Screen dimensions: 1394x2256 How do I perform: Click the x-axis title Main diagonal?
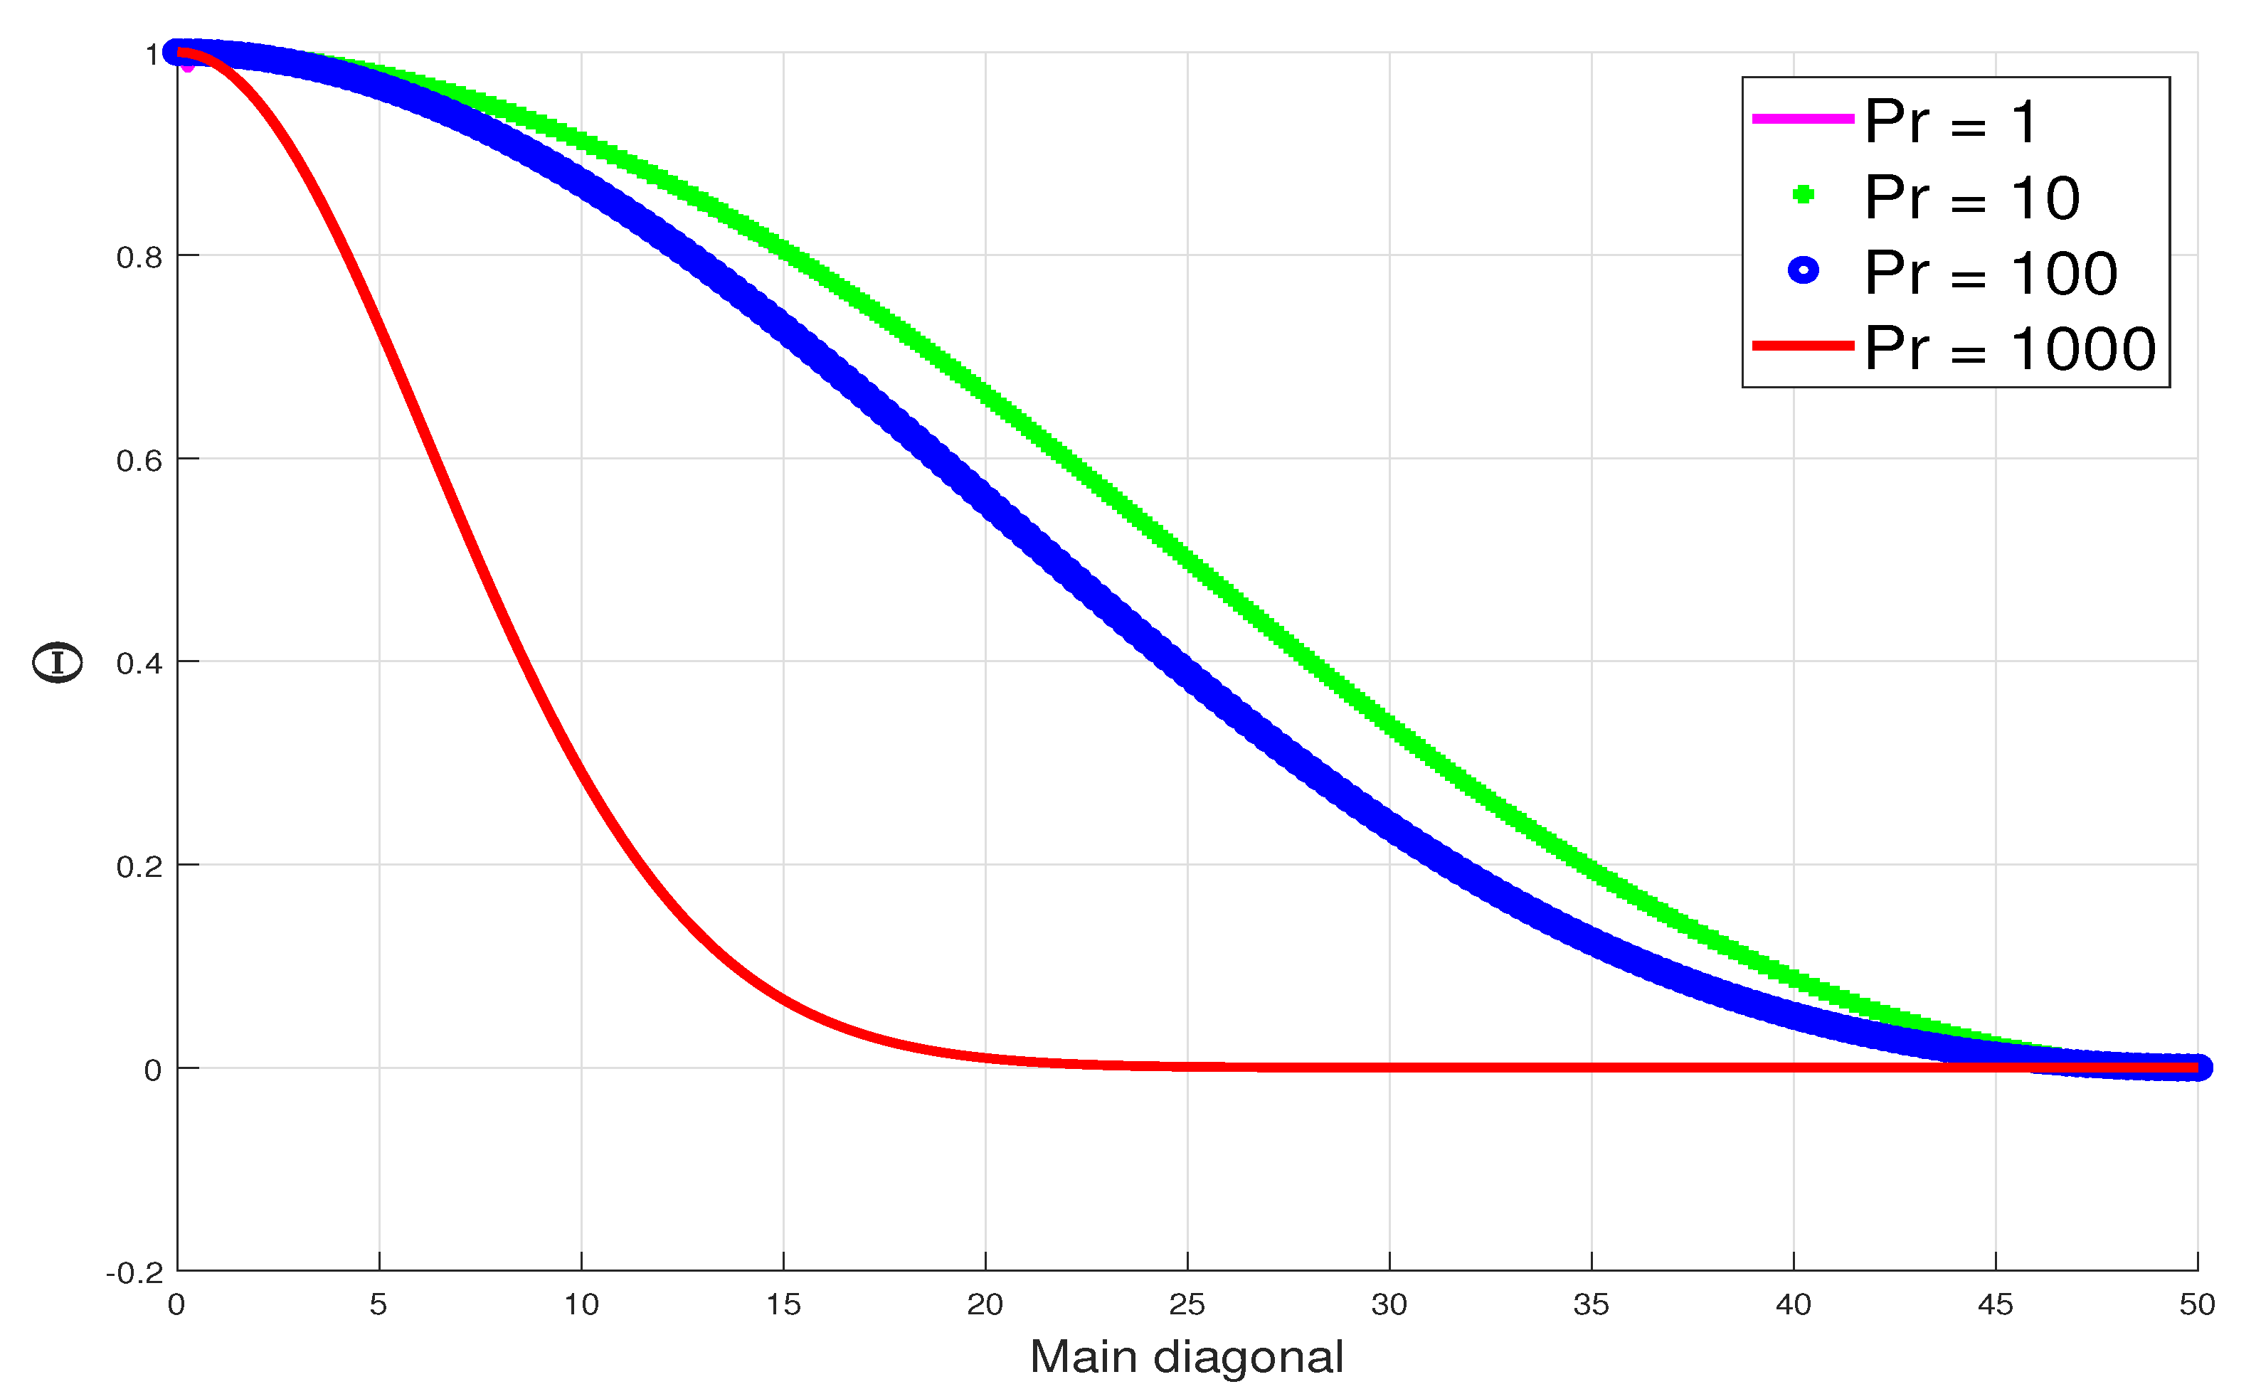[x=1187, y=1357]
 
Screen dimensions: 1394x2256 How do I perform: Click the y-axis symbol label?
[x=57, y=662]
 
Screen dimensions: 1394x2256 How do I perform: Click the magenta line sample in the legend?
[x=1802, y=119]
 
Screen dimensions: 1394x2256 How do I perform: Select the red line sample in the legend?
[x=1802, y=346]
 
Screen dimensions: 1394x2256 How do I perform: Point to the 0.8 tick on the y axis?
[x=139, y=257]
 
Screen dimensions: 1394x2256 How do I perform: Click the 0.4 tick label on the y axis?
[x=139, y=663]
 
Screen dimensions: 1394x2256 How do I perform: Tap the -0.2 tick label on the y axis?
[x=134, y=1273]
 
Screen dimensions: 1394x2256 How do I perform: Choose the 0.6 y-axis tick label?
[x=139, y=460]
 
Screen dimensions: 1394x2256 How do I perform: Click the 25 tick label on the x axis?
[x=1187, y=1304]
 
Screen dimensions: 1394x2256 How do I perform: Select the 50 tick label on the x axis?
[x=2197, y=1304]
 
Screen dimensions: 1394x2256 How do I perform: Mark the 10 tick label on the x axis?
[x=581, y=1304]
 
